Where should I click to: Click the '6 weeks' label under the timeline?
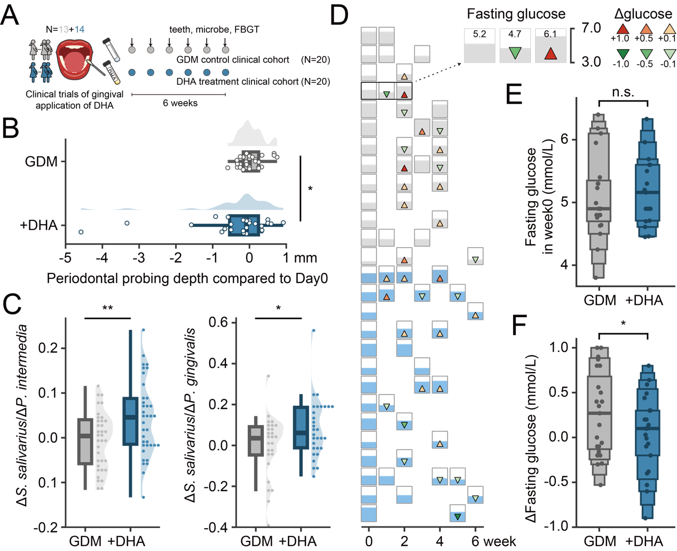(x=180, y=103)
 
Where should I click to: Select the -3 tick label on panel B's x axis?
(x=139, y=258)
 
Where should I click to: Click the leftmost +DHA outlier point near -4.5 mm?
(x=81, y=232)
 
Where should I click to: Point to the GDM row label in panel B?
(x=41, y=161)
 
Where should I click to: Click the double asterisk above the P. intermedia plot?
(x=108, y=308)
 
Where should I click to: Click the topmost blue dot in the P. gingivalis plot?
(x=313, y=330)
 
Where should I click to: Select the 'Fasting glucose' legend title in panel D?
(x=516, y=14)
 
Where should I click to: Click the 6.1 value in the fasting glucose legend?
(x=550, y=34)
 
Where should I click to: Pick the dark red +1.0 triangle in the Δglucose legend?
(x=623, y=29)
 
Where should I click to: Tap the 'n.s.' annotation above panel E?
(x=623, y=92)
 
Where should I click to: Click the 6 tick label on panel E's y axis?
(x=564, y=139)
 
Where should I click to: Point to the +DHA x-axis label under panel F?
(x=644, y=541)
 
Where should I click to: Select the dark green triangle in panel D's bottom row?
(x=458, y=517)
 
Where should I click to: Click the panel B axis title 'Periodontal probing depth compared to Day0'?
(x=187, y=278)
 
